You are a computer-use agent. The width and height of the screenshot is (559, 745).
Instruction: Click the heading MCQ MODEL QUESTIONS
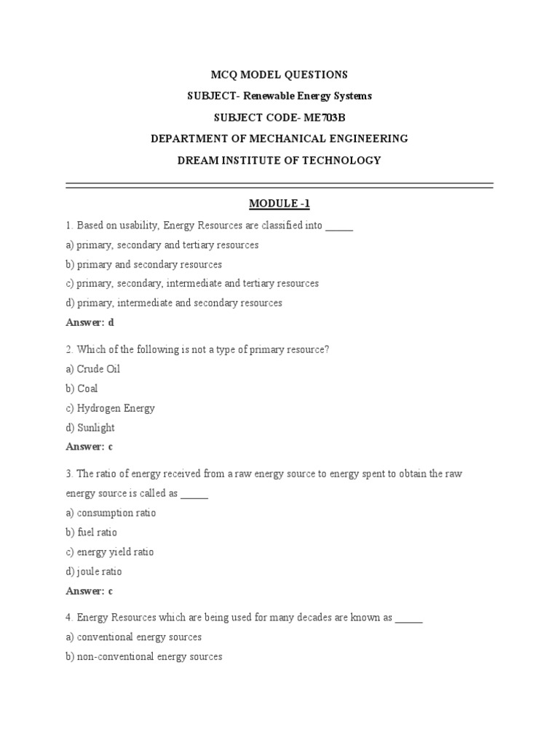279,75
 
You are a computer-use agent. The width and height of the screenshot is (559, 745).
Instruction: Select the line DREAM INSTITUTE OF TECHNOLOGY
279,160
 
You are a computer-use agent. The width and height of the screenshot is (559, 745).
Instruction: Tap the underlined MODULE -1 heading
279,204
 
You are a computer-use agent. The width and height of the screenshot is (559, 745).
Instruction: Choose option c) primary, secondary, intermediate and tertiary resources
192,284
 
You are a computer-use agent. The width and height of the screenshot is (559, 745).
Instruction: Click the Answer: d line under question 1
90,322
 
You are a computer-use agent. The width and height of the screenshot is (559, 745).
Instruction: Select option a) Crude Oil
92,369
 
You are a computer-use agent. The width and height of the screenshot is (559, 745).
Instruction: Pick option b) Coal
82,389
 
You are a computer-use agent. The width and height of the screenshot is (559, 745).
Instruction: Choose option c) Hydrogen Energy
110,408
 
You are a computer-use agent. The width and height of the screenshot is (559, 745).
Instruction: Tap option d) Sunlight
90,428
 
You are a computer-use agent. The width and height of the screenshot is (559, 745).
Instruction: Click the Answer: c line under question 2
90,447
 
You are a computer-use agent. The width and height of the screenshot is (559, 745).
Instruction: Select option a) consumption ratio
111,513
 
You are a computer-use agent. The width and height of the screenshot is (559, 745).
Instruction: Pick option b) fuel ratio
91,533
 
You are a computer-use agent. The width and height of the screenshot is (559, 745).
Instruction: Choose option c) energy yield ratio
110,552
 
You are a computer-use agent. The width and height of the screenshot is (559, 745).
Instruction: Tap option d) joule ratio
94,572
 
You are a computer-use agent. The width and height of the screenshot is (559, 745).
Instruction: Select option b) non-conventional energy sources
144,657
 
